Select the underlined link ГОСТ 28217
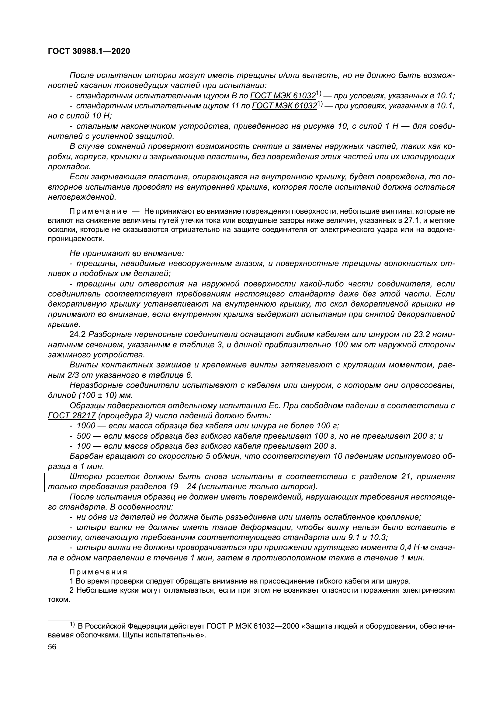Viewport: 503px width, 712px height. [71, 416]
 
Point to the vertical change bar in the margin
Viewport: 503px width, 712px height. [45, 482]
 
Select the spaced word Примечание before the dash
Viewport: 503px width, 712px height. [98, 212]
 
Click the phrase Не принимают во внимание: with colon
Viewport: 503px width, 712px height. [127, 253]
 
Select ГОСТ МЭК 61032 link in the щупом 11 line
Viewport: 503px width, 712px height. [284, 106]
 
